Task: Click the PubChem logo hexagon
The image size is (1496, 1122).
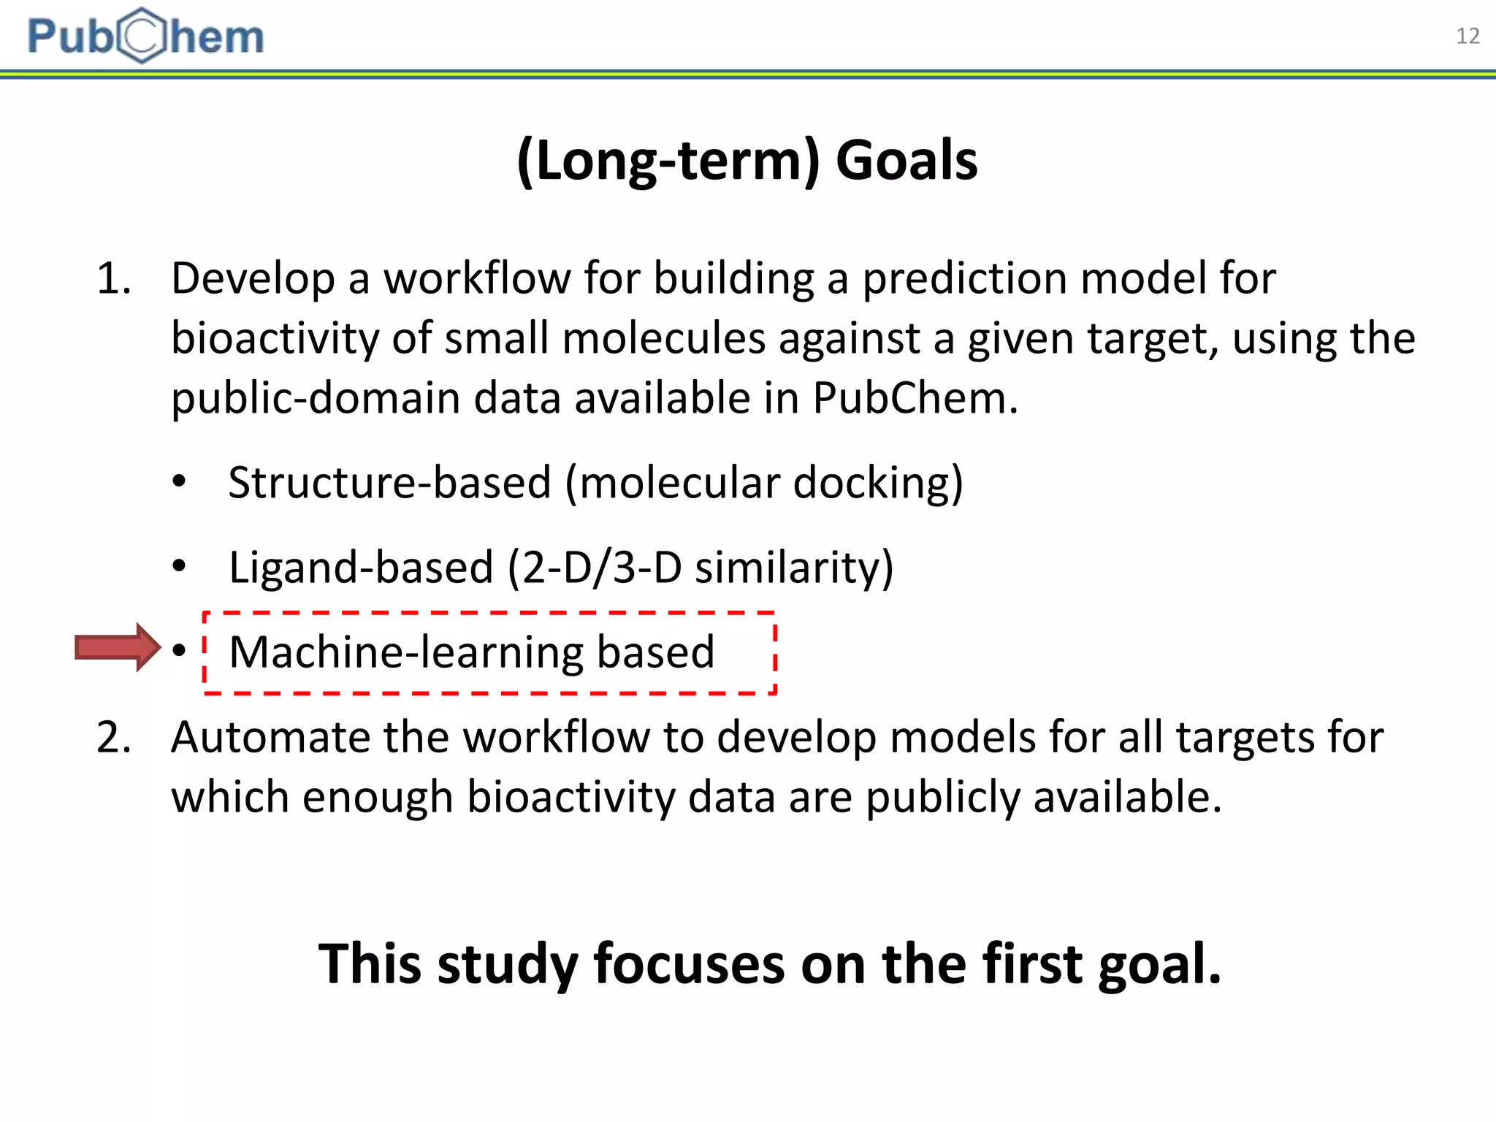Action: click(x=142, y=35)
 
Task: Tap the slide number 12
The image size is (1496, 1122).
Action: click(x=1467, y=37)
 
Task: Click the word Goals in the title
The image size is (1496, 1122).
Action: click(x=906, y=161)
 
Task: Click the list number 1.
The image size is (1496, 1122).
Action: click(x=113, y=279)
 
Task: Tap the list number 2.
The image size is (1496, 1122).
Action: click(x=113, y=738)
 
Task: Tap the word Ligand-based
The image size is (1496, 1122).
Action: click(x=361, y=568)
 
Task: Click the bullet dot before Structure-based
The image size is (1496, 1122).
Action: click(x=179, y=482)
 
